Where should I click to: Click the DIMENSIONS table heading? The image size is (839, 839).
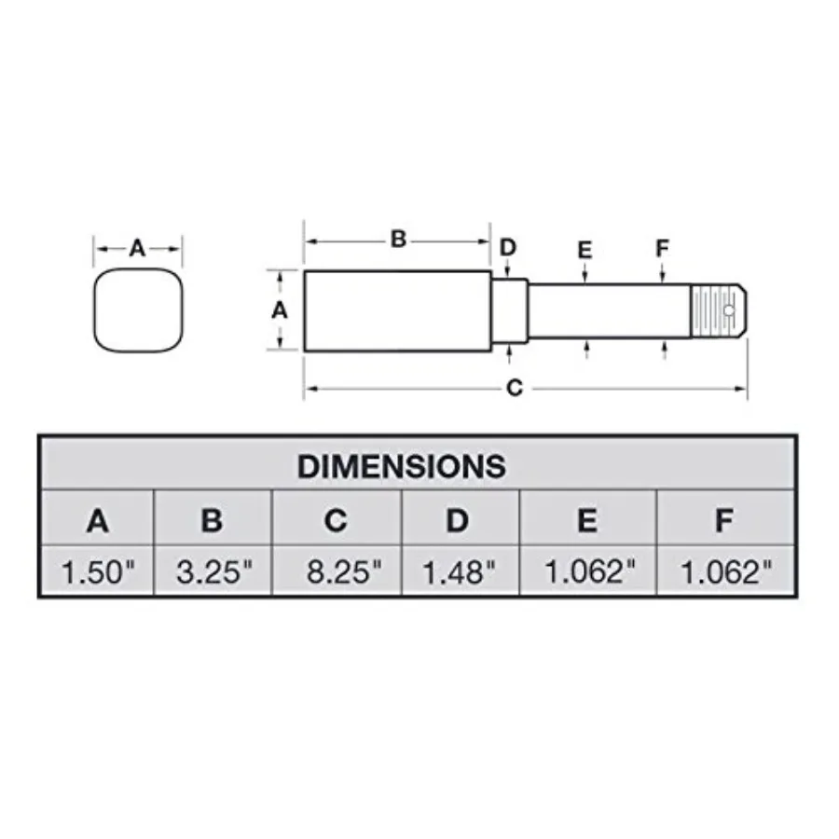(x=402, y=466)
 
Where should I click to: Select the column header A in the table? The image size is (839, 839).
(x=97, y=521)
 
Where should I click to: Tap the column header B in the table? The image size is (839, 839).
(x=212, y=521)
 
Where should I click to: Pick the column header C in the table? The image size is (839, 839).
(x=336, y=521)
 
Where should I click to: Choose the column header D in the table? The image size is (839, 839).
(x=457, y=521)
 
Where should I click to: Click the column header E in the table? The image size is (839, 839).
(x=586, y=521)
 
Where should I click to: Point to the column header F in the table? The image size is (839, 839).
(x=723, y=521)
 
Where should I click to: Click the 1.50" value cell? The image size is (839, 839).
(x=98, y=571)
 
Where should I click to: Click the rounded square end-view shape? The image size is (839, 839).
(x=138, y=311)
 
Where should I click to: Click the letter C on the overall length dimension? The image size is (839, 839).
(x=514, y=389)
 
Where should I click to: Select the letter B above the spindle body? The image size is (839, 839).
(x=398, y=240)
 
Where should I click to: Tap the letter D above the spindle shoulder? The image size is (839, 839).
(x=508, y=247)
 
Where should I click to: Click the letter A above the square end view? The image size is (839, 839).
(x=137, y=248)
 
